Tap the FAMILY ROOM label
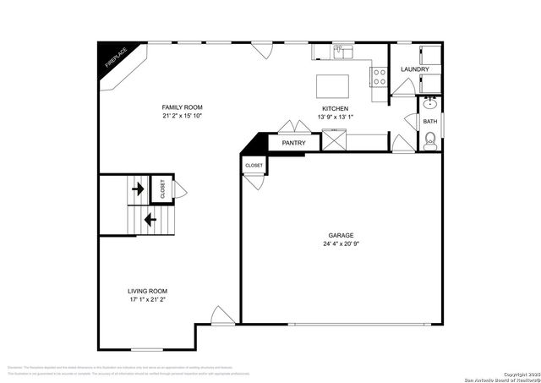pyautogui.click(x=183, y=107)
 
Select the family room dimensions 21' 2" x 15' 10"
pyautogui.click(x=183, y=116)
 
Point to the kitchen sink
pyautogui.click(x=343, y=52)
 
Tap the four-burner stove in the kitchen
pyautogui.click(x=378, y=79)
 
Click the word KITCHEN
pyautogui.click(x=336, y=108)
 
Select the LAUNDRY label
pyautogui.click(x=414, y=69)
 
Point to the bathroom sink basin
pyautogui.click(x=429, y=105)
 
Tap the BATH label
pyautogui.click(x=430, y=122)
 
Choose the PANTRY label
pyautogui.click(x=293, y=144)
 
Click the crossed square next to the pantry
pyautogui.click(x=336, y=140)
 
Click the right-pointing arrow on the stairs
pyautogui.click(x=136, y=188)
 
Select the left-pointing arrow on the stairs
pyautogui.click(x=150, y=220)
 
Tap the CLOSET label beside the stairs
pyautogui.click(x=161, y=189)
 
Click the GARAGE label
pyautogui.click(x=341, y=236)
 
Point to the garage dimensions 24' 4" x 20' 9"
pyautogui.click(x=341, y=245)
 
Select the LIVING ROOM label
pyautogui.click(x=147, y=291)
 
